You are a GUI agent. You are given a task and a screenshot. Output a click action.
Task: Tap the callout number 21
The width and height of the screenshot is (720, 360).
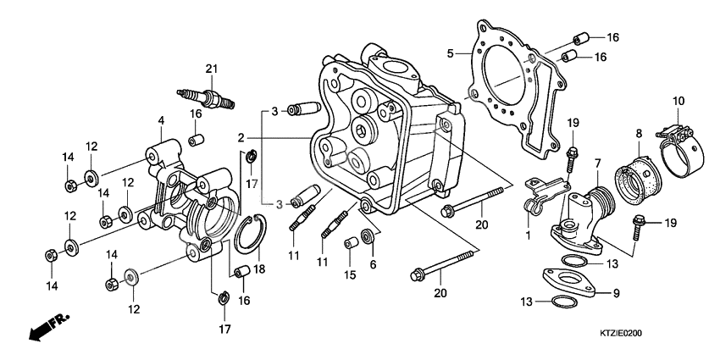211,69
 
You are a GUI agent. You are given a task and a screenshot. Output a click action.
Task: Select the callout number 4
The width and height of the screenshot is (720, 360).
159,121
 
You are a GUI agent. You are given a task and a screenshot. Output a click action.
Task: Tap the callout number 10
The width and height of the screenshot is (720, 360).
678,102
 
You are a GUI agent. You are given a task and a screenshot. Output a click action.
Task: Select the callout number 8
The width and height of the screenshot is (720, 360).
640,132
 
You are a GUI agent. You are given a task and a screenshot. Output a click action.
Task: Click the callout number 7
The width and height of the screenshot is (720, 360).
597,163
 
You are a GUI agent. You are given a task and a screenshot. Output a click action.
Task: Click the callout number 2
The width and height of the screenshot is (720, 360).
241,137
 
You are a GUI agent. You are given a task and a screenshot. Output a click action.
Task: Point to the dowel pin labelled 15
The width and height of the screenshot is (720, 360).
348,245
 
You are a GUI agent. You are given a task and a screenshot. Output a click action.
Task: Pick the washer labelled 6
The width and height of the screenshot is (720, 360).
368,235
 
